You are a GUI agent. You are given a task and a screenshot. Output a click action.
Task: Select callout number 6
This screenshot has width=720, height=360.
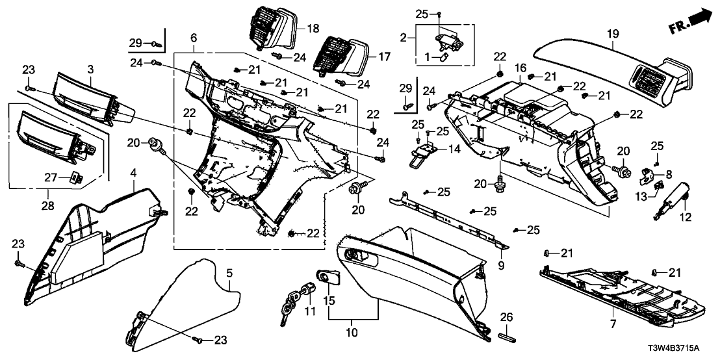pyautogui.click(x=194, y=38)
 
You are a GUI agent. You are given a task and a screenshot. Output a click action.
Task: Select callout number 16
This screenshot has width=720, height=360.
pyautogui.click(x=521, y=68)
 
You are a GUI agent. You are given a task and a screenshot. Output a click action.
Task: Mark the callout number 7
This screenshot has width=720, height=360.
pyautogui.click(x=612, y=323)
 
